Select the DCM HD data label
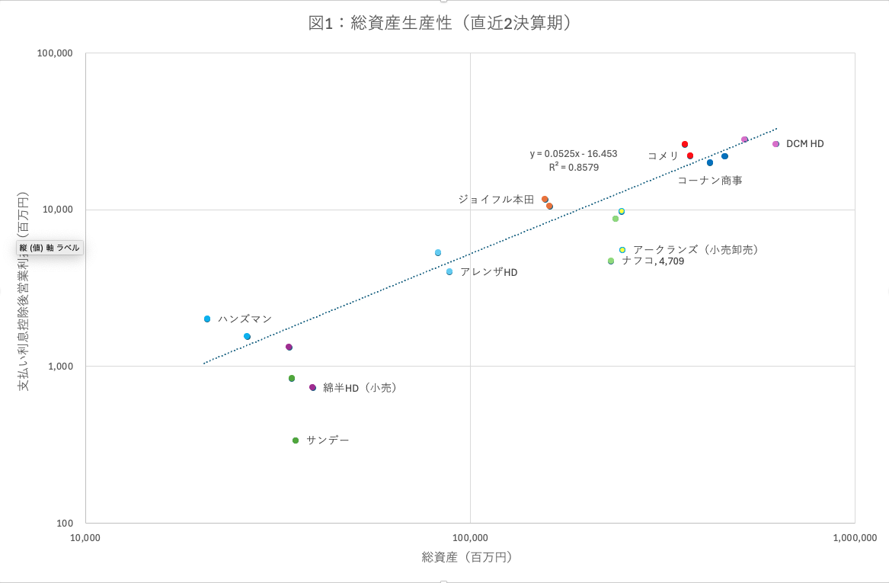click(x=804, y=143)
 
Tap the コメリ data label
click(x=663, y=155)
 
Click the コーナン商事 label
click(x=709, y=181)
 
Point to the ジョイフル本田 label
click(x=496, y=199)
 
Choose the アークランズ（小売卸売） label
click(x=696, y=249)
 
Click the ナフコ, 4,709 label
click(x=652, y=261)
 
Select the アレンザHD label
click(x=488, y=272)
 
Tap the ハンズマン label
click(x=245, y=319)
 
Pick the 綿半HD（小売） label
click(x=360, y=387)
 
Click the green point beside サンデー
click(x=296, y=440)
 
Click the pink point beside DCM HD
click(x=775, y=144)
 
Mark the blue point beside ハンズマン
click(x=207, y=319)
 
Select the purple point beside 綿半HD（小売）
click(x=312, y=387)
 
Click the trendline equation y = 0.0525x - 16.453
click(x=574, y=153)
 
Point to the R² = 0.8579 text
click(x=573, y=167)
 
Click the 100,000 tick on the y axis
click(x=55, y=53)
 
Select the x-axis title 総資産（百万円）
click(x=467, y=557)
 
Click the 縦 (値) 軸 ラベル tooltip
click(x=50, y=248)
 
